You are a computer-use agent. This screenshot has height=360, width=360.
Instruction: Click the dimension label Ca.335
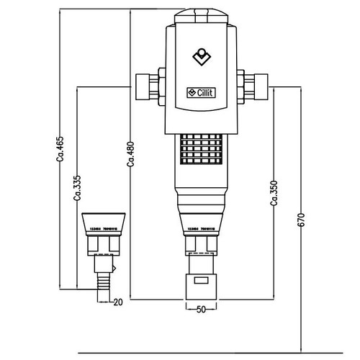coord(77,189)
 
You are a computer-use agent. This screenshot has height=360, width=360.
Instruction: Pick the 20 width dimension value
coord(119,302)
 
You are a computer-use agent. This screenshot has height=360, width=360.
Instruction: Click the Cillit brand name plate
coord(202,92)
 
